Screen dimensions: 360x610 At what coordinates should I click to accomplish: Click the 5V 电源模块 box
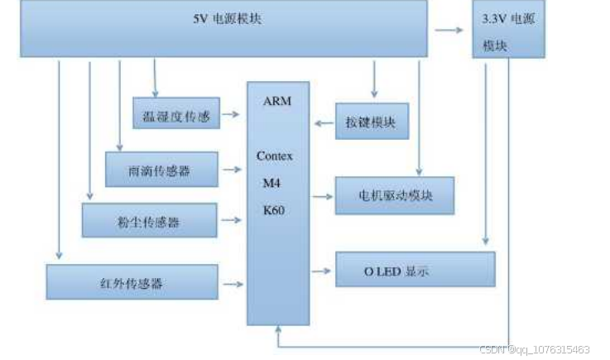tap(223, 29)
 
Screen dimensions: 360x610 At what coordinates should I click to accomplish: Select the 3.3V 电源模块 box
tap(508, 29)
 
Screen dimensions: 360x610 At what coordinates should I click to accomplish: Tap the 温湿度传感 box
tap(175, 113)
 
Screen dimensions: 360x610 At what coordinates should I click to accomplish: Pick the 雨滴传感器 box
tap(161, 170)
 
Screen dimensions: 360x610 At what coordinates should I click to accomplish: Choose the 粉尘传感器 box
tap(149, 221)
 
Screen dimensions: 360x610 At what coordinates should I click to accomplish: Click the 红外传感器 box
tap(132, 282)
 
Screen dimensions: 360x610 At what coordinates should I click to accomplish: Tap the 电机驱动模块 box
tap(394, 196)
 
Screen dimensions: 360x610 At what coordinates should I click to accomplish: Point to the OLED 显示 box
tap(415, 270)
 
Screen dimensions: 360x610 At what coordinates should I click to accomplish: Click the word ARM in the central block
tap(276, 101)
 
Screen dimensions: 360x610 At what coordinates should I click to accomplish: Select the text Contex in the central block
tap(275, 156)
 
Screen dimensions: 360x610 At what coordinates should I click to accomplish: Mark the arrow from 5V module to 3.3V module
tap(449, 31)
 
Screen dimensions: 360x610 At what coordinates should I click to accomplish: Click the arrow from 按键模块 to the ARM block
tap(322, 123)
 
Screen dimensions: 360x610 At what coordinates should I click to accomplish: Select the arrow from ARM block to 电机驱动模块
tap(321, 197)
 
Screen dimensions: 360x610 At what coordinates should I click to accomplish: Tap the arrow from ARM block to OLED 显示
tap(321, 270)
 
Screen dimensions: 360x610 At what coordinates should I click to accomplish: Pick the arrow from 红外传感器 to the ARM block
tap(233, 283)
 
